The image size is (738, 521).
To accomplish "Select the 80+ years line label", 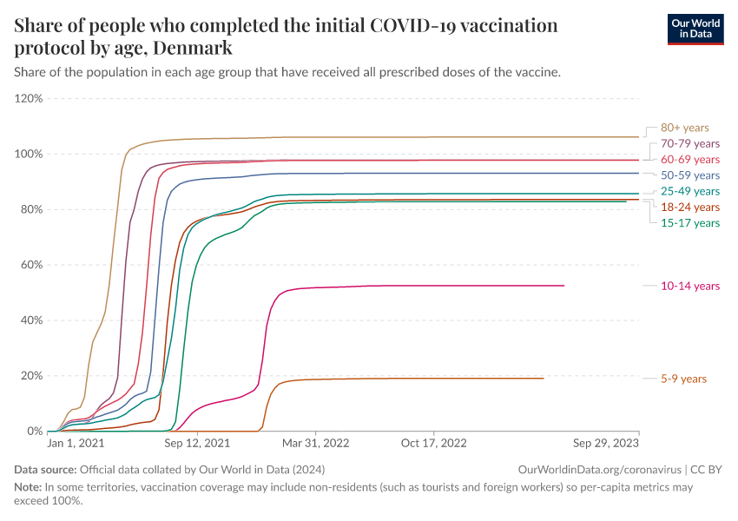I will [684, 128].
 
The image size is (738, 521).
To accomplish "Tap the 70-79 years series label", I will [690, 143].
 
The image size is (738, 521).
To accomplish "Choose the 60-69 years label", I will [690, 160].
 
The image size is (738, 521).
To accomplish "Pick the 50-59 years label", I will [690, 175].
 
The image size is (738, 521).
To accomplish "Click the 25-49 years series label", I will [690, 191].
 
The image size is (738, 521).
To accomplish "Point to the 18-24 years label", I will [690, 207].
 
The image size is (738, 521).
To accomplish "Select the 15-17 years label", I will [690, 222].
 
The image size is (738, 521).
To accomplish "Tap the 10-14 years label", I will [690, 286].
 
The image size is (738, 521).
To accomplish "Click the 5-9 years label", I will [683, 379].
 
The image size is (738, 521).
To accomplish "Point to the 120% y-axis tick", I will [29, 99].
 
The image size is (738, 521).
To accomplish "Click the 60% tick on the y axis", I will [31, 265].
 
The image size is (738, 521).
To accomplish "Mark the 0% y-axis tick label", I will [35, 432].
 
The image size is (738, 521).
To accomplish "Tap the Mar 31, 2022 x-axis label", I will [316, 443].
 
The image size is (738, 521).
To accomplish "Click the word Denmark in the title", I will [189, 47].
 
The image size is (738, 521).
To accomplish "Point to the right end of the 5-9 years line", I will [544, 378].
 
